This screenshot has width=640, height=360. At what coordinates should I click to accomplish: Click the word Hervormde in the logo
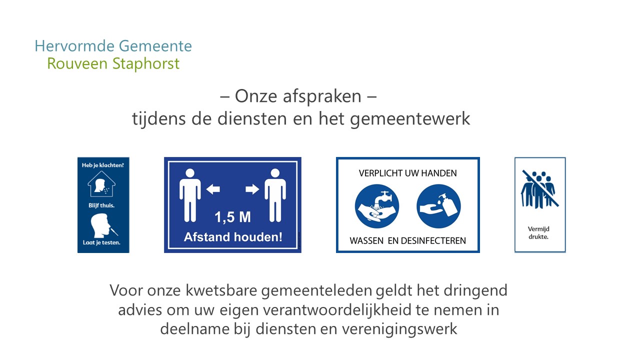(x=74, y=46)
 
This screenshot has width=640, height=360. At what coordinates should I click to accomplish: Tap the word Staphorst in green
(x=146, y=63)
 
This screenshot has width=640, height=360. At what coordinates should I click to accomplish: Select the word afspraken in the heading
(x=322, y=96)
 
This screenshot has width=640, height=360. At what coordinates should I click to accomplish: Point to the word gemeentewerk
(x=410, y=119)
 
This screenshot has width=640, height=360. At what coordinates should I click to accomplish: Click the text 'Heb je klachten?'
(x=103, y=165)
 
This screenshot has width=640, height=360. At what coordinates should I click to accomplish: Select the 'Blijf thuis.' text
(x=101, y=205)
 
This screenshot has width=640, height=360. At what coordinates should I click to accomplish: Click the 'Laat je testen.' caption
(x=101, y=242)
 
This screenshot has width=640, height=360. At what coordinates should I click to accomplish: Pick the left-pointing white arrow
(x=213, y=189)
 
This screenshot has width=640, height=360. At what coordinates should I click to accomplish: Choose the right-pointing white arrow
(x=252, y=189)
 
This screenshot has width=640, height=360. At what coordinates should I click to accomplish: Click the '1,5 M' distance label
(x=232, y=217)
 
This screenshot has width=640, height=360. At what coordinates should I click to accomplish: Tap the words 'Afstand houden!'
(x=233, y=237)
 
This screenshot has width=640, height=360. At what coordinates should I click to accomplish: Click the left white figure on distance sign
(x=190, y=195)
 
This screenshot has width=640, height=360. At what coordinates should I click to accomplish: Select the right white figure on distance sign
(x=275, y=195)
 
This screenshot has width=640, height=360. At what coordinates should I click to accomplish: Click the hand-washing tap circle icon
(x=377, y=206)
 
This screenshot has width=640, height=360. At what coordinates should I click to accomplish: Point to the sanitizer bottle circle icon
(x=438, y=206)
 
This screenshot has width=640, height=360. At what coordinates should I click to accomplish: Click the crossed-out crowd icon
(x=539, y=189)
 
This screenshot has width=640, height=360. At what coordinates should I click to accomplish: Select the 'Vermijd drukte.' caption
(x=538, y=233)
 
